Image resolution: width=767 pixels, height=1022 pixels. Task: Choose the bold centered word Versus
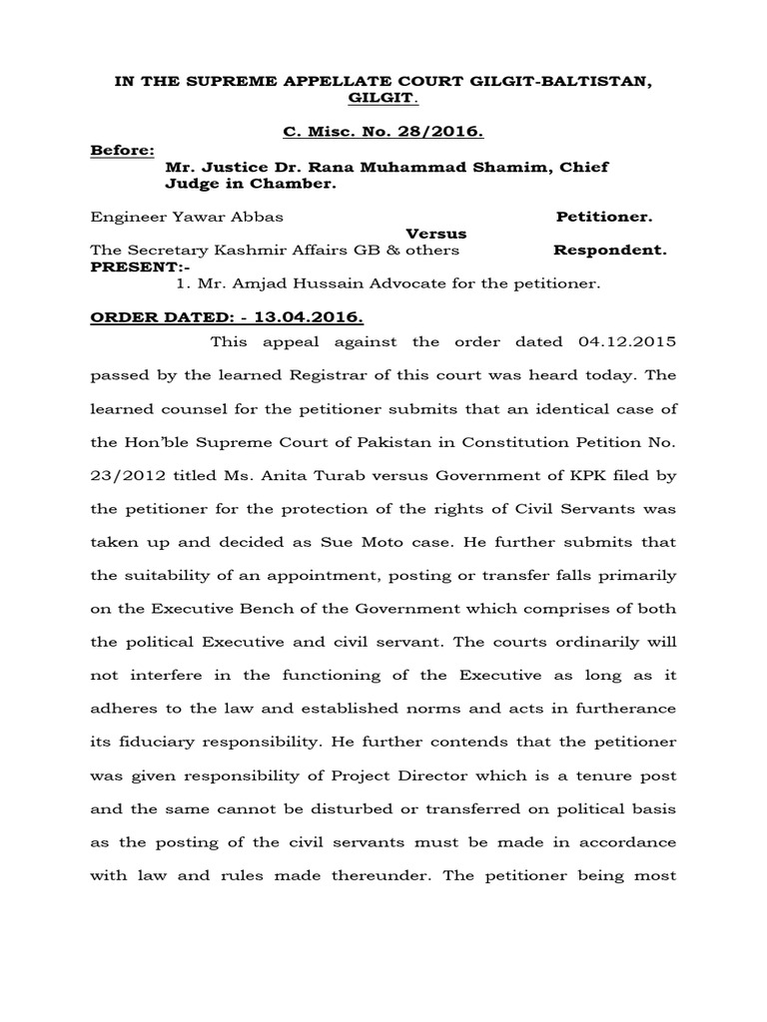435,233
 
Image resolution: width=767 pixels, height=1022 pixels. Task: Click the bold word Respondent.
609,250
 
